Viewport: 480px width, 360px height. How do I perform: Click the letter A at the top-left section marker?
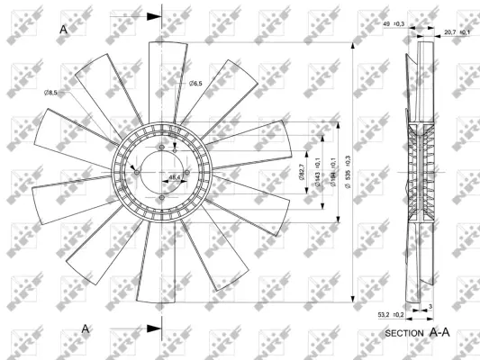pyautogui.click(x=64, y=29)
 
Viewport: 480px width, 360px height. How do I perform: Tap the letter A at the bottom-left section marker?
pyautogui.click(x=86, y=329)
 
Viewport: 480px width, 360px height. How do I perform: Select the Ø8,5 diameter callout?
pyautogui.click(x=51, y=92)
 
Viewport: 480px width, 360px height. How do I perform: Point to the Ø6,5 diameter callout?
pyautogui.click(x=195, y=84)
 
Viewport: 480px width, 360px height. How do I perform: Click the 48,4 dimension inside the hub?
pyautogui.click(x=174, y=177)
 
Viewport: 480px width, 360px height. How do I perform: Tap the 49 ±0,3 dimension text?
pyautogui.click(x=394, y=23)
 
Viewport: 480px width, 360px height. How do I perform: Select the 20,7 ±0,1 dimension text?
pyautogui.click(x=457, y=32)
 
